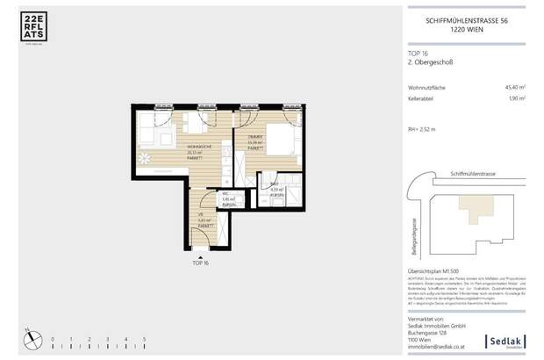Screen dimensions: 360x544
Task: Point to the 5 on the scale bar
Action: click(x=144, y=338)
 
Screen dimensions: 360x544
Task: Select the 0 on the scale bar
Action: click(x=53, y=338)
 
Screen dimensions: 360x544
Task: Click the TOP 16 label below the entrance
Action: click(x=200, y=262)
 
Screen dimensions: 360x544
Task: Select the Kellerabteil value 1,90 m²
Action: click(x=515, y=99)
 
